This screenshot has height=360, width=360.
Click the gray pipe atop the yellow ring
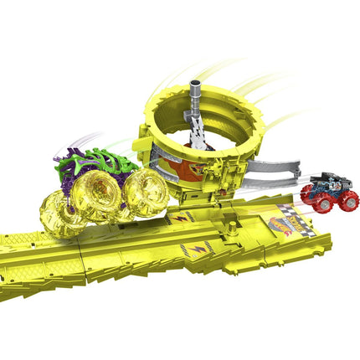coord(196,93)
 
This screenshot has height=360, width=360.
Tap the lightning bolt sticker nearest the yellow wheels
coord(183,218)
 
